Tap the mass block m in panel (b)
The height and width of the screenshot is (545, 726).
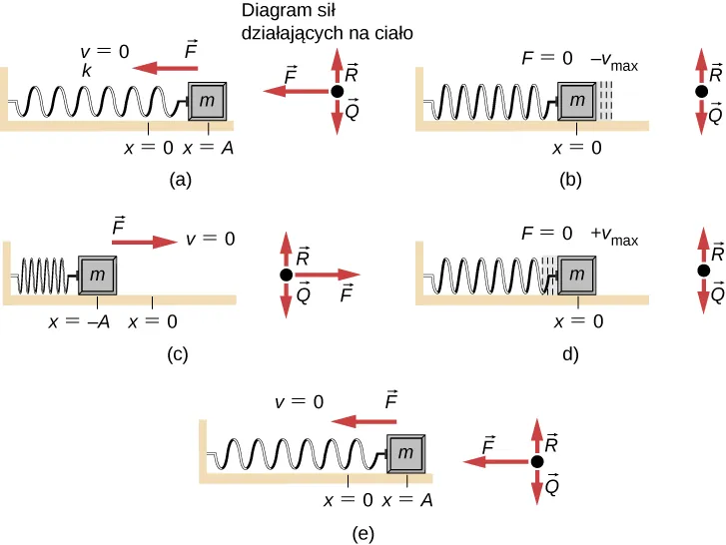click(x=576, y=101)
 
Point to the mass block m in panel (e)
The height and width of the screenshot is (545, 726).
click(x=405, y=454)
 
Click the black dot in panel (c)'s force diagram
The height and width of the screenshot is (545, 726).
click(x=287, y=274)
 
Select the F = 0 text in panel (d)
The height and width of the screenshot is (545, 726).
click(x=547, y=236)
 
